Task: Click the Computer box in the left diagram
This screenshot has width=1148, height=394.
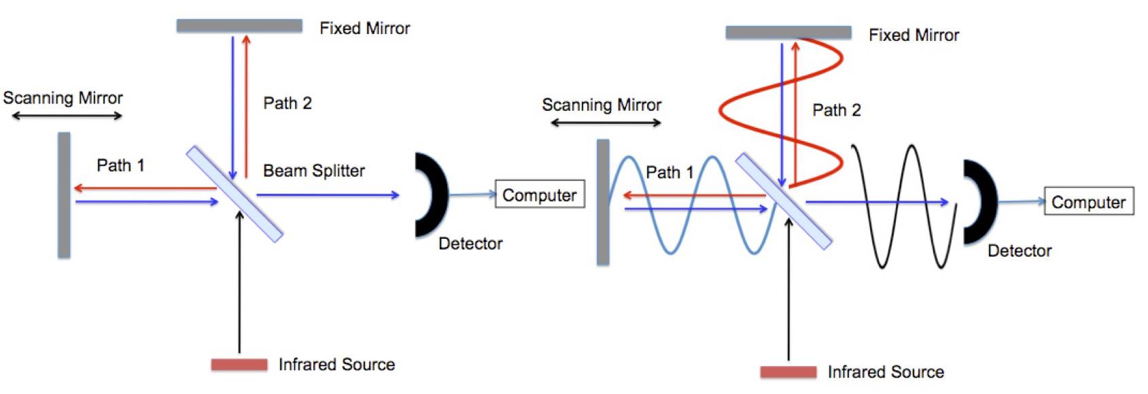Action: pyautogui.click(x=539, y=195)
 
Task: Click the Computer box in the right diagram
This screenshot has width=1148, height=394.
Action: pyautogui.click(x=1088, y=202)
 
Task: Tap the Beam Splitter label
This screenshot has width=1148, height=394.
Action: pyautogui.click(x=313, y=171)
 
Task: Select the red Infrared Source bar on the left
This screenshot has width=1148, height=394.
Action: pyautogui.click(x=239, y=365)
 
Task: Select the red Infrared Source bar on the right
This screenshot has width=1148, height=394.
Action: pyautogui.click(x=788, y=372)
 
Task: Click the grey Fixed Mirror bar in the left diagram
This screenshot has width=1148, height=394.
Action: pyautogui.click(x=239, y=26)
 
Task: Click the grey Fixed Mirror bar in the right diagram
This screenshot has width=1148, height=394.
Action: pyautogui.click(x=788, y=33)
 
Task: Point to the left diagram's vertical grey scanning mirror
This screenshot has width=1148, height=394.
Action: pyautogui.click(x=64, y=195)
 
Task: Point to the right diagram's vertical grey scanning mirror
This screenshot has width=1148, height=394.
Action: pyautogui.click(x=603, y=202)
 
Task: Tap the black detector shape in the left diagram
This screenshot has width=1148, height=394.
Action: pyautogui.click(x=436, y=195)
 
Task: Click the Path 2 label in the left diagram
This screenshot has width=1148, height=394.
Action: pyautogui.click(x=287, y=103)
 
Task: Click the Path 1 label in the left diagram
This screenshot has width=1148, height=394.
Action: pyautogui.click(x=120, y=165)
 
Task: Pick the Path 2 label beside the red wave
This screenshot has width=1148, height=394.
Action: pyautogui.click(x=836, y=110)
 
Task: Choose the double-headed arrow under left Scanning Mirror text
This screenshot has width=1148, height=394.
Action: pyautogui.click(x=67, y=116)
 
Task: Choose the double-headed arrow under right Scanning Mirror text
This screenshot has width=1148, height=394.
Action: pyautogui.click(x=605, y=123)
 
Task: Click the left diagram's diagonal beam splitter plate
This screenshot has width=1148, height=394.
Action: pyautogui.click(x=234, y=193)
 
